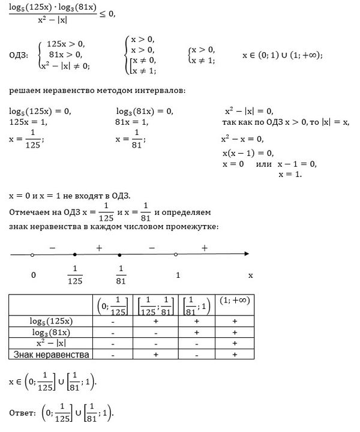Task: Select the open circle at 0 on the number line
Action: [x=32, y=254]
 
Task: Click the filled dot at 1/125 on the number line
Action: [x=74, y=254]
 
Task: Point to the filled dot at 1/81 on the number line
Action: [x=120, y=254]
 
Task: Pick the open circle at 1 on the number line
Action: [x=175, y=254]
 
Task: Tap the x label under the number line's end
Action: [x=251, y=275]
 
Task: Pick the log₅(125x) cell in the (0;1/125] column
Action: [x=112, y=321]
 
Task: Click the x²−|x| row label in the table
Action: [x=51, y=344]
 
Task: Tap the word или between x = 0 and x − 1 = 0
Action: [x=263, y=164]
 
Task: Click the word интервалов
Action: [x=164, y=91]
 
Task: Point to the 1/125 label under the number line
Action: [x=75, y=275]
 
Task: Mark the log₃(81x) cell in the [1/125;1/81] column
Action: [x=155, y=332]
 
